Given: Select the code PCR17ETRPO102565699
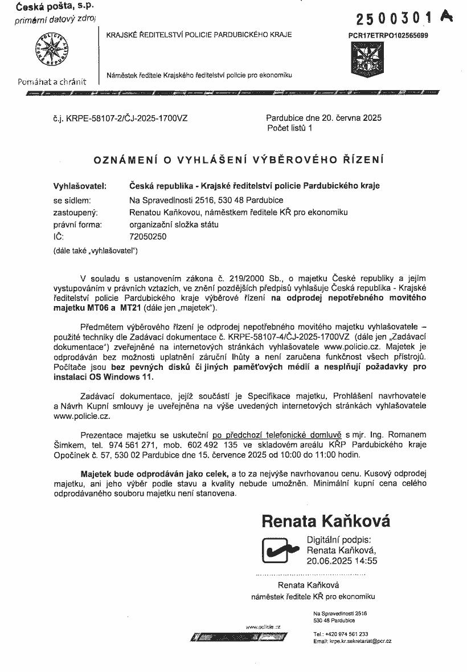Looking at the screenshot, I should (x=388, y=35).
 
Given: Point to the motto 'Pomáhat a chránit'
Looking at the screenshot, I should (x=52, y=81).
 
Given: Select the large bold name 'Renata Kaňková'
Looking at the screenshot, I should (x=326, y=521).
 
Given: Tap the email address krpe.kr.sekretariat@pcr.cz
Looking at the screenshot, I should (x=360, y=641).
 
